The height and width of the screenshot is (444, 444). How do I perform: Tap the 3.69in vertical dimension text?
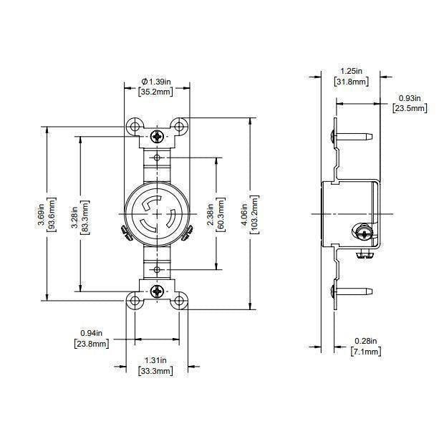click(x=40, y=214)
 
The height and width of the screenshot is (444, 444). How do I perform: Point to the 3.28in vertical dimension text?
click(x=75, y=214)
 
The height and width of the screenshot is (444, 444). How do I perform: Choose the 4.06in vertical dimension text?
click(x=246, y=214)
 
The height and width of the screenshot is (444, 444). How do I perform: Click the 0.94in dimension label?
click(x=91, y=333)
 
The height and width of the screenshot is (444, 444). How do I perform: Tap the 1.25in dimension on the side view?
click(x=351, y=71)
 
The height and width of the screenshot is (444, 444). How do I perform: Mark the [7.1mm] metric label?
click(x=365, y=352)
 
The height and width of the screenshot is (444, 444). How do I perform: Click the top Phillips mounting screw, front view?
click(x=157, y=135)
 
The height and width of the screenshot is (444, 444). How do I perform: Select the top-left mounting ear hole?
click(x=134, y=127)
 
